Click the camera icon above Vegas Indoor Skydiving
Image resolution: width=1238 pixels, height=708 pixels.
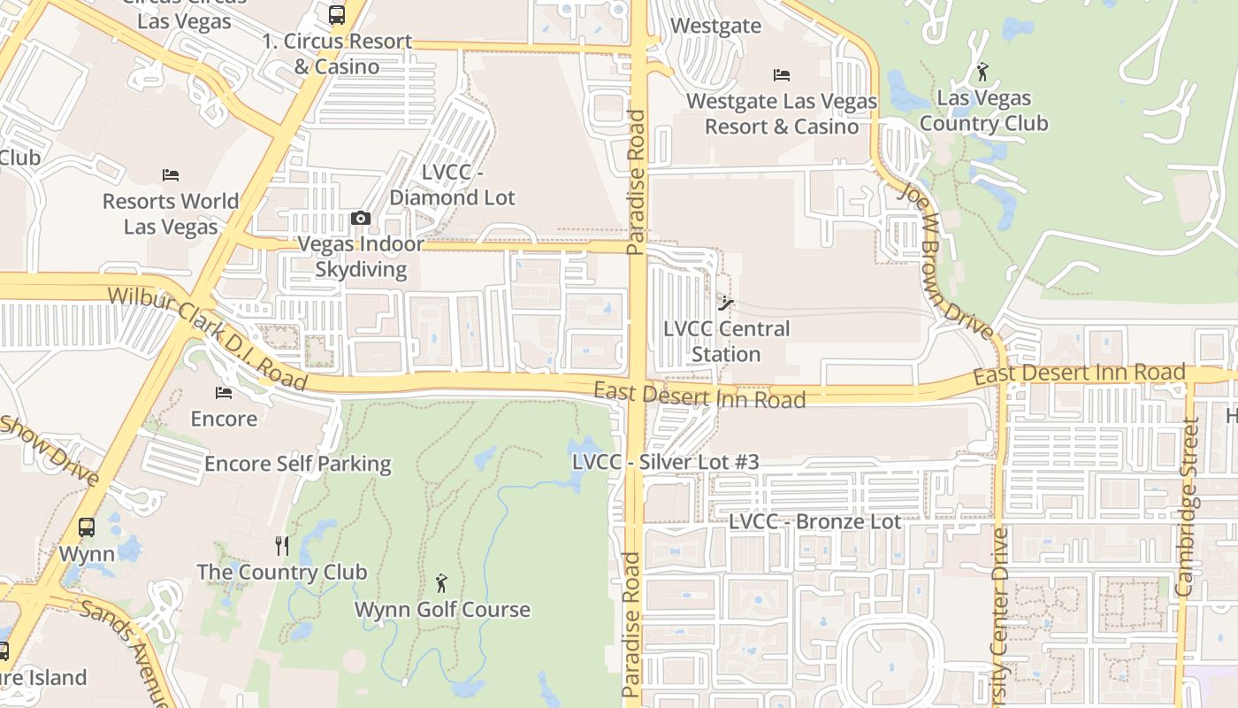click(x=360, y=218)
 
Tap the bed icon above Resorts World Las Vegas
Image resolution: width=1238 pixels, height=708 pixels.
click(x=171, y=175)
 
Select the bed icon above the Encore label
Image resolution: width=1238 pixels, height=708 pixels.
click(x=224, y=392)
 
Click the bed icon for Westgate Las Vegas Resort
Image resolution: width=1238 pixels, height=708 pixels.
click(x=781, y=75)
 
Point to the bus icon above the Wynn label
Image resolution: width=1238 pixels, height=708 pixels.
click(x=87, y=527)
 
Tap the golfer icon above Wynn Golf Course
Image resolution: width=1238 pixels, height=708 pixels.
click(x=441, y=583)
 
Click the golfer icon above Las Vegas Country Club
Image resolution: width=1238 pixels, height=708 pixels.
click(x=982, y=72)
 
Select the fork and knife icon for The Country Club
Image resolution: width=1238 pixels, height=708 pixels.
click(x=282, y=545)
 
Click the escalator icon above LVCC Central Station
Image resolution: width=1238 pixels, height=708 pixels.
click(x=726, y=304)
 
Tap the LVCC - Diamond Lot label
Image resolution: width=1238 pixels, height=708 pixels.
click(x=452, y=185)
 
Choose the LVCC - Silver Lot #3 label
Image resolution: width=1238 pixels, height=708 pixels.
click(x=665, y=462)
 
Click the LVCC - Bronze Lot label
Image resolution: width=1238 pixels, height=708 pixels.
click(x=814, y=522)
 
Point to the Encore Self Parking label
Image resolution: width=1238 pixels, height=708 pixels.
click(x=297, y=464)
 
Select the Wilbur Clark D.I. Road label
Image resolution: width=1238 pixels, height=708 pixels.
click(x=207, y=338)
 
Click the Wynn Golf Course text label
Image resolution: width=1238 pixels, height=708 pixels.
click(x=442, y=610)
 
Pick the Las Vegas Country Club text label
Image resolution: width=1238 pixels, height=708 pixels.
click(x=983, y=111)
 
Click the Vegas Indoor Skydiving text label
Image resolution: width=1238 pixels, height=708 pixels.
click(x=361, y=257)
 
